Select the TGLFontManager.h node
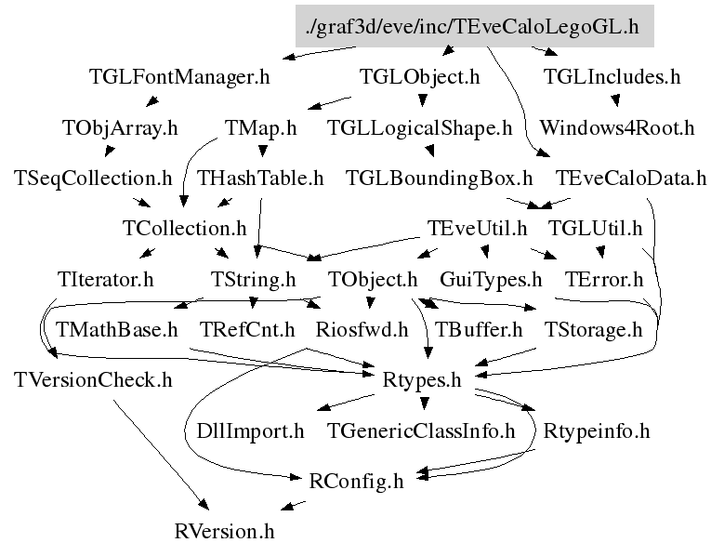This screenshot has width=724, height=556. click(x=179, y=77)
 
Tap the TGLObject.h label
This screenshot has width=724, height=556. click(x=419, y=77)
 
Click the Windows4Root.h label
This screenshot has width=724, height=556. click(x=616, y=127)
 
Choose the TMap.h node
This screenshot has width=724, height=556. click(x=261, y=127)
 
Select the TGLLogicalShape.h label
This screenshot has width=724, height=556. click(x=420, y=127)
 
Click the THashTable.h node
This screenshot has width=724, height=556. click(x=261, y=177)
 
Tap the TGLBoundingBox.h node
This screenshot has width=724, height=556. click(x=439, y=177)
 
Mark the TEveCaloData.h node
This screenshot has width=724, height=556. click(x=630, y=177)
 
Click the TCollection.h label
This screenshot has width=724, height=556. click(x=184, y=227)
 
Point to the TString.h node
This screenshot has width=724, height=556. click(x=253, y=278)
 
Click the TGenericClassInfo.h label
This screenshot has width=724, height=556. click(x=422, y=430)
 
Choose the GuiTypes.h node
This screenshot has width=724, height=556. click(x=491, y=278)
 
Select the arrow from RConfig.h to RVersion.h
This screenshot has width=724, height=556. click(x=294, y=506)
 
